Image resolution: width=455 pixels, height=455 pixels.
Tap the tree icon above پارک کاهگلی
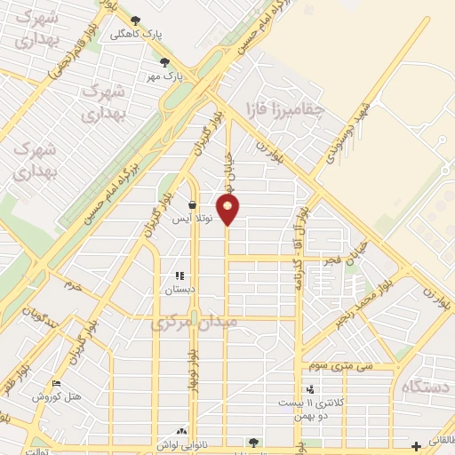point(135,20)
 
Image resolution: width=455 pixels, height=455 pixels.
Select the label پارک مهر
point(165,76)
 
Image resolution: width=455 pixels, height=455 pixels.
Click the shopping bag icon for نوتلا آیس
point(192,204)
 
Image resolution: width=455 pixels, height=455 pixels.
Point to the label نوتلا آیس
point(191,219)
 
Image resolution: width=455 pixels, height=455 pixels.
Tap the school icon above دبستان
point(180,276)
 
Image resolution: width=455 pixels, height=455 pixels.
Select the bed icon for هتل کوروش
point(58,383)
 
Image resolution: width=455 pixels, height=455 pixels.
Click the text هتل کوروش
point(57,397)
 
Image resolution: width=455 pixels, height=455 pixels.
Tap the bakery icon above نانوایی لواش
point(183,430)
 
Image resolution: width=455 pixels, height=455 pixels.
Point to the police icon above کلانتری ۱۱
point(310,388)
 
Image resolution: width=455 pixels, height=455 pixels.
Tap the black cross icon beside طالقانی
point(417,445)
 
